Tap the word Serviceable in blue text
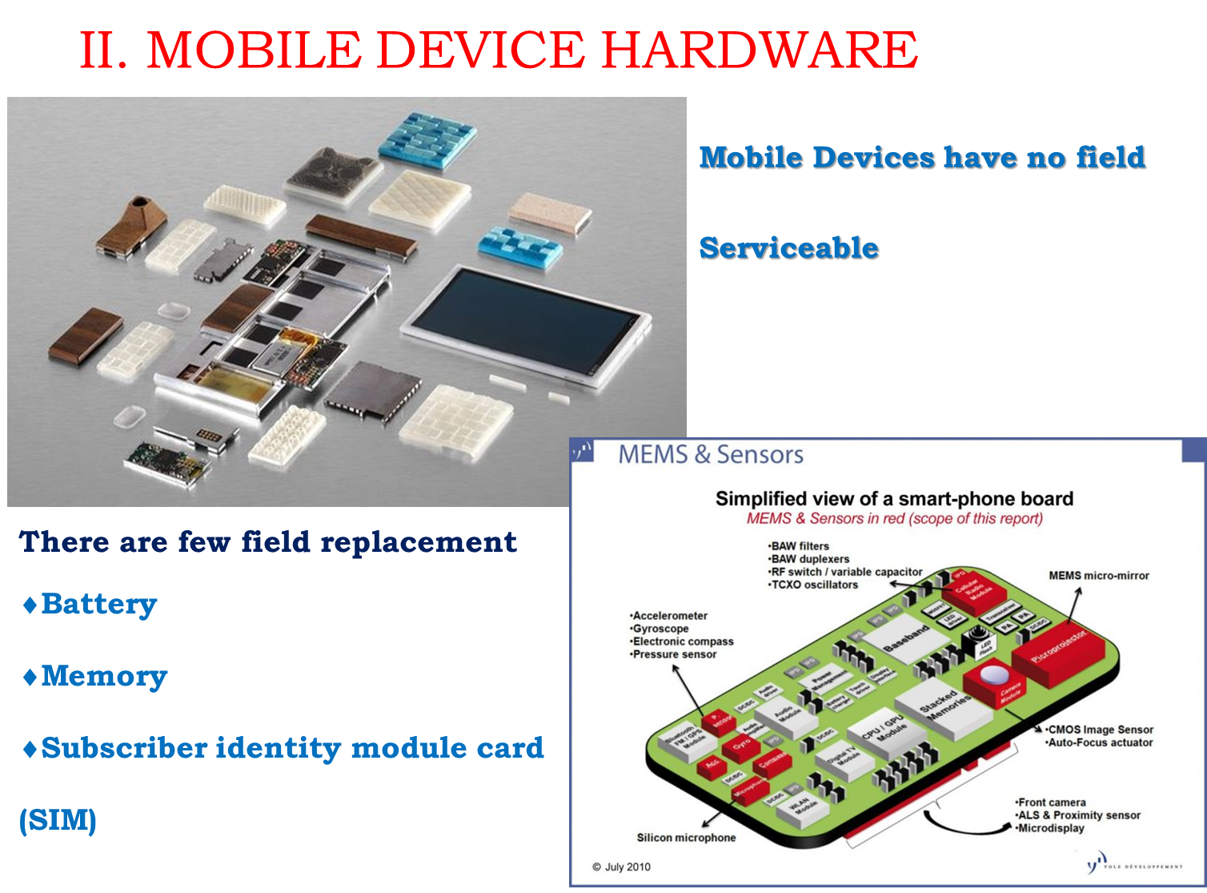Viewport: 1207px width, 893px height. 788,247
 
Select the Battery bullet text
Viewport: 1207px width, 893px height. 98,604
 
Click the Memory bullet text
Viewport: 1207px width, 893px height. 104,676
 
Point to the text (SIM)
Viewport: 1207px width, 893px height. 58,820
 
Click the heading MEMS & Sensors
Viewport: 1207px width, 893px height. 711,454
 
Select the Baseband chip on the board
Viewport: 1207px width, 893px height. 907,638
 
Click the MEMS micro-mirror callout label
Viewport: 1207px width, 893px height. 1098,576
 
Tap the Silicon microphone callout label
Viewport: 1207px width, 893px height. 686,838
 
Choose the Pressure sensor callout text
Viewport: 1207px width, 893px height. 674,654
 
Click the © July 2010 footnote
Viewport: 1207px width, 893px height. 621,867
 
